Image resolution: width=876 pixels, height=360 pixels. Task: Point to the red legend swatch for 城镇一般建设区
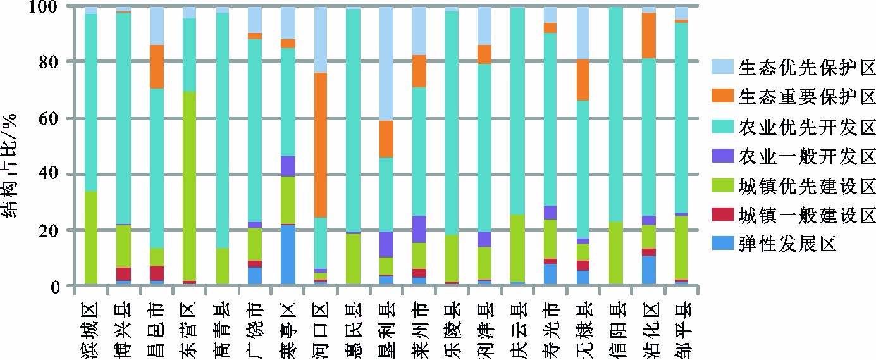[x=722, y=216]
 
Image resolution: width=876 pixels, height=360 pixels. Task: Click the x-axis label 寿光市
[x=550, y=330]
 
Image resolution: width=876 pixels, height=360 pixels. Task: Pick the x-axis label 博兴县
[x=123, y=330]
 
